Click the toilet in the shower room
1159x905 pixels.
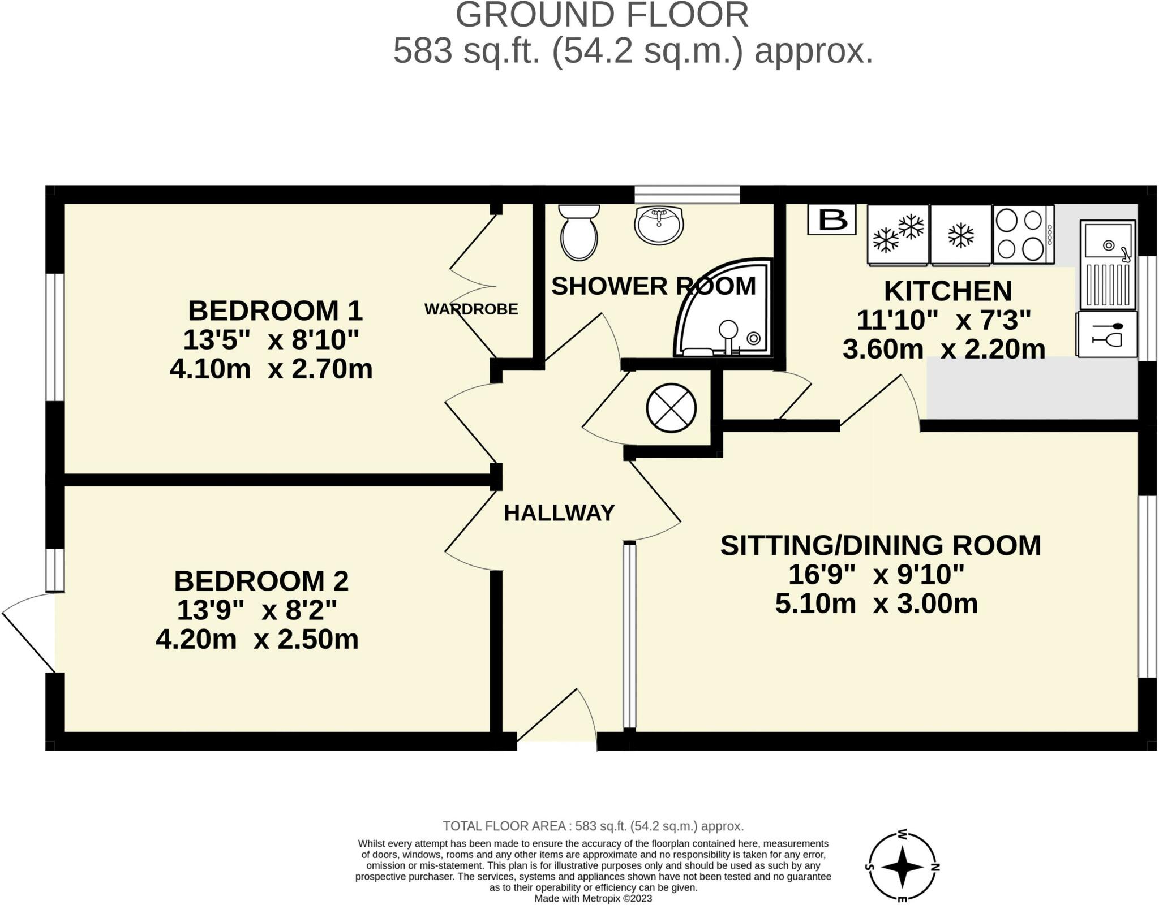pyautogui.click(x=578, y=235)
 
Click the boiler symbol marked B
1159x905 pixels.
pyautogui.click(x=831, y=219)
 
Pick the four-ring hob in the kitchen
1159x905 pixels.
pyautogui.click(x=1023, y=234)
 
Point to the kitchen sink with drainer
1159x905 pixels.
pyautogui.click(x=1108, y=264)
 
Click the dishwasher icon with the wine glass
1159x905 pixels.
pyautogui.click(x=1107, y=334)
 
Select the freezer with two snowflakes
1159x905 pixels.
pyautogui.click(x=898, y=234)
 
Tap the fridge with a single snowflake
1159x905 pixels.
pyautogui.click(x=960, y=234)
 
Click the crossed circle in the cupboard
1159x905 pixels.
pyautogui.click(x=671, y=407)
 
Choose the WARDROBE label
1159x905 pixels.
pyautogui.click(x=471, y=309)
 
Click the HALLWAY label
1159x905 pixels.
pyautogui.click(x=559, y=513)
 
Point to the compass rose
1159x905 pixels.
pyautogui.click(x=903, y=867)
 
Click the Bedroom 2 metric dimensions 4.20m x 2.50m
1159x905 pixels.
pyautogui.click(x=257, y=640)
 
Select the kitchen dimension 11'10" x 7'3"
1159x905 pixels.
pyautogui.click(x=943, y=320)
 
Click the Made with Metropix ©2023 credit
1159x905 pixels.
pyautogui.click(x=593, y=898)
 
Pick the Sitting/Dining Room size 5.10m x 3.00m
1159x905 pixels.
pyautogui.click(x=876, y=604)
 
